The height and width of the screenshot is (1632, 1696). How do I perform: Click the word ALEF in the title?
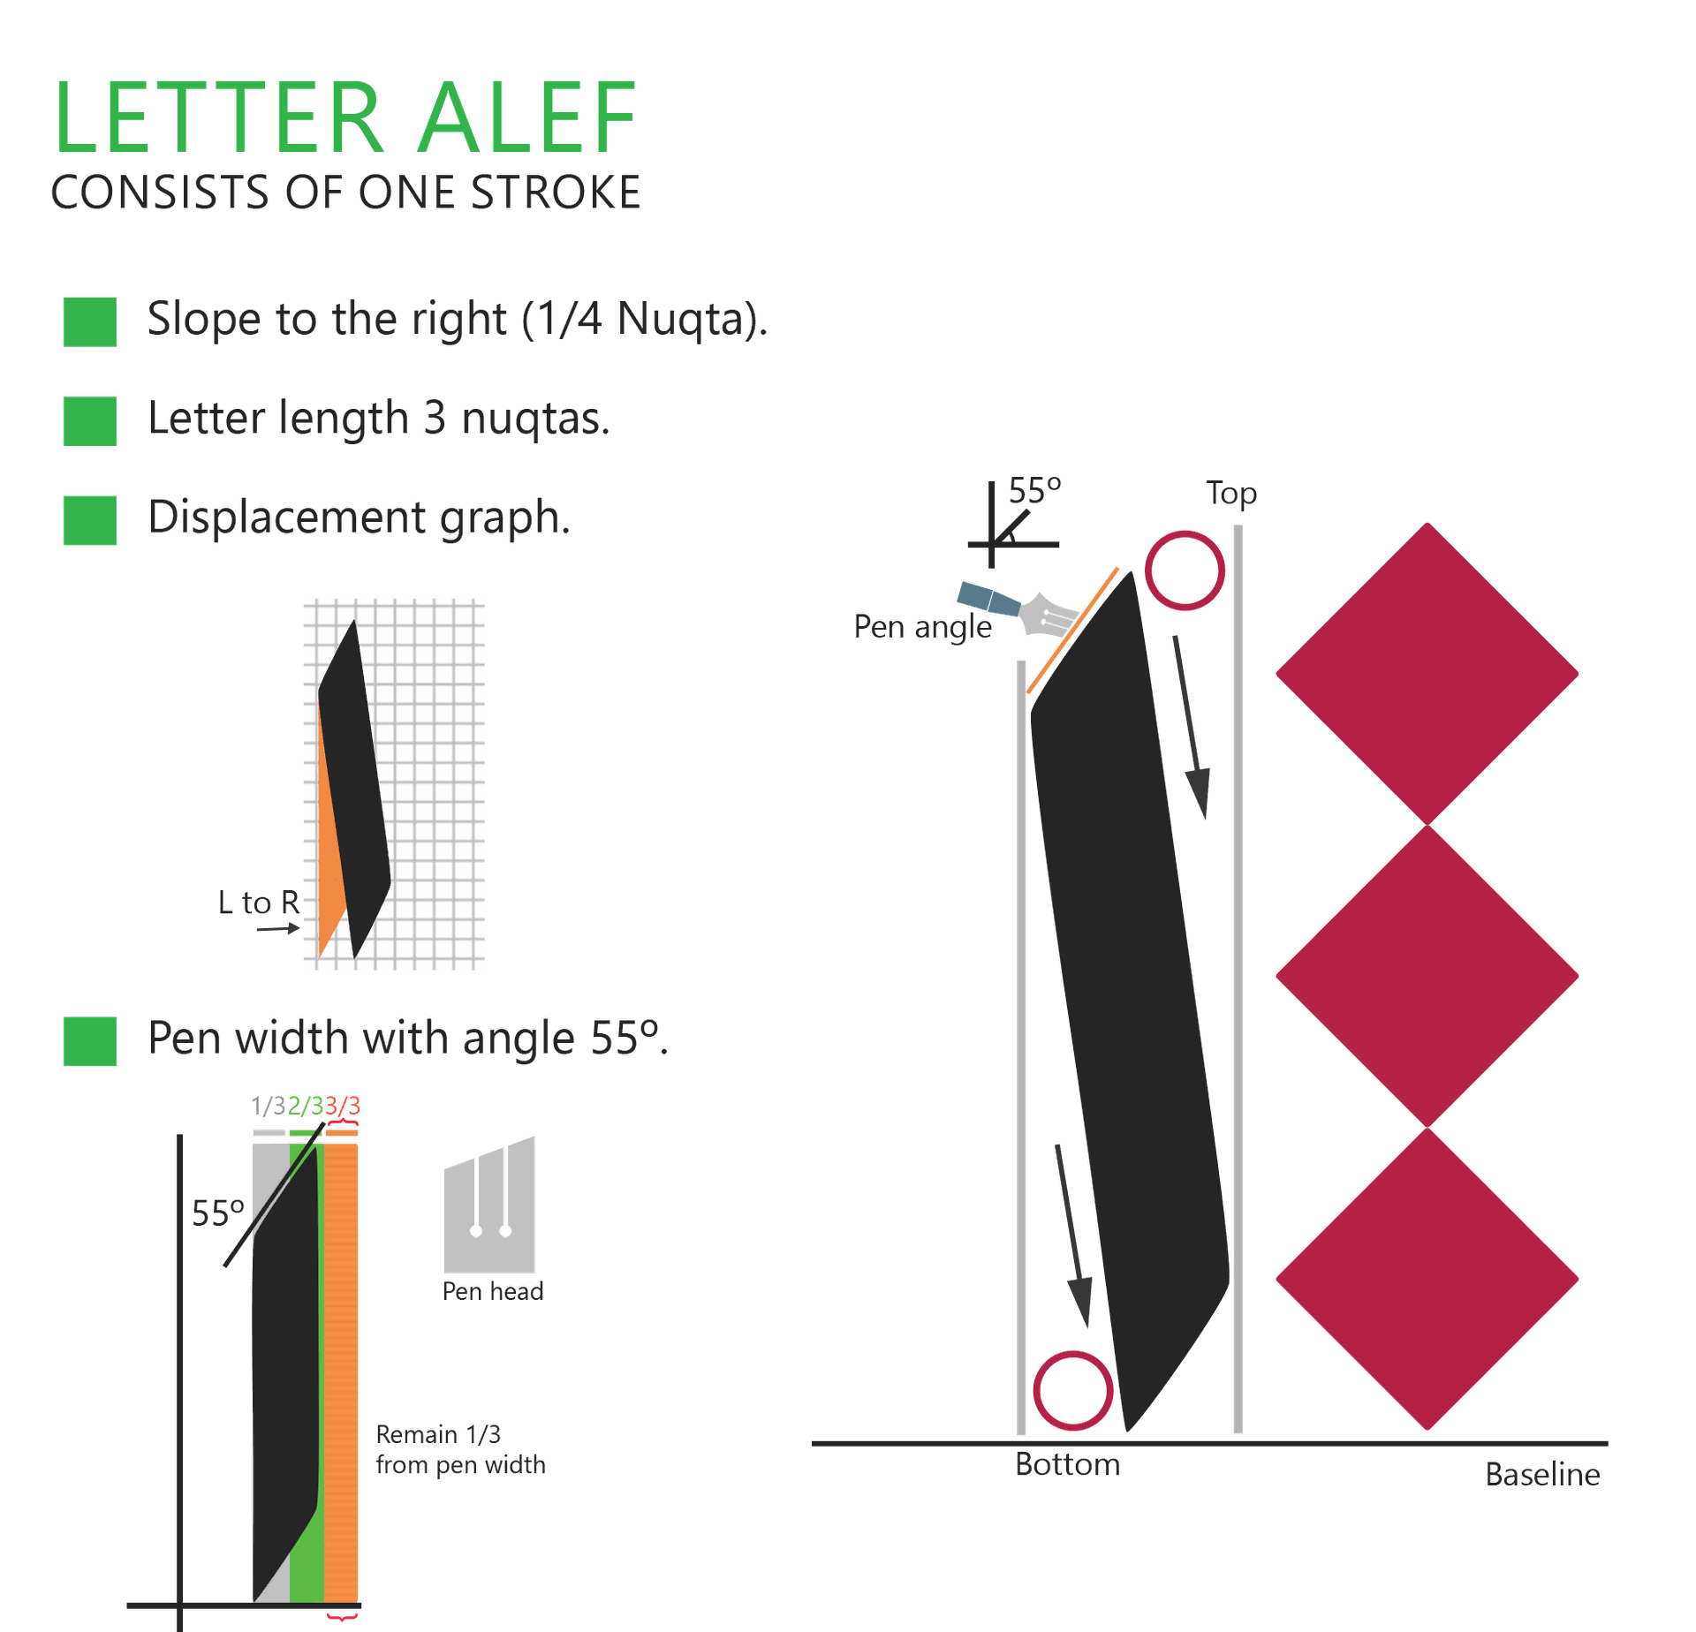[x=526, y=118]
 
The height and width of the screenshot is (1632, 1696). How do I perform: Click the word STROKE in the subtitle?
[x=556, y=193]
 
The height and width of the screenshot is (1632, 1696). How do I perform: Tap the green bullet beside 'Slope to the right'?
[x=89, y=321]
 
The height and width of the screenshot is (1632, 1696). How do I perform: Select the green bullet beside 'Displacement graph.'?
[x=89, y=519]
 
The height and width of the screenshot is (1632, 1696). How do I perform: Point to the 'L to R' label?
[x=259, y=903]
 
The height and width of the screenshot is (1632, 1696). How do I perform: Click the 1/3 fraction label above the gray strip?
[x=268, y=1106]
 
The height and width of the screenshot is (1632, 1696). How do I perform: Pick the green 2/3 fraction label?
[x=306, y=1106]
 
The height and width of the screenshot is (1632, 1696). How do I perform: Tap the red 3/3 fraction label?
[x=343, y=1106]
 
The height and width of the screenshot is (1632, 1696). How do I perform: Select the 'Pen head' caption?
[x=492, y=1291]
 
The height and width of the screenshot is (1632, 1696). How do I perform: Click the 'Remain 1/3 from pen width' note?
[x=459, y=1449]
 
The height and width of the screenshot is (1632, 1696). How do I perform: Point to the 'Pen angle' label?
[x=922, y=627]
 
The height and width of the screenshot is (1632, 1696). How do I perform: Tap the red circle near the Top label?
[x=1185, y=570]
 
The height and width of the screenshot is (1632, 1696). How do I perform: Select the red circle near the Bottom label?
[x=1073, y=1391]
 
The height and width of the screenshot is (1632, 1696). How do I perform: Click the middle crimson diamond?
[x=1426, y=976]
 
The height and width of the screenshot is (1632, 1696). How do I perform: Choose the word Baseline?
[x=1542, y=1474]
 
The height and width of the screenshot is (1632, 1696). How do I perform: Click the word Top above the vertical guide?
[x=1231, y=494]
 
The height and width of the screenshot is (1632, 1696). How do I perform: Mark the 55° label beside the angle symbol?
[x=1034, y=490]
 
